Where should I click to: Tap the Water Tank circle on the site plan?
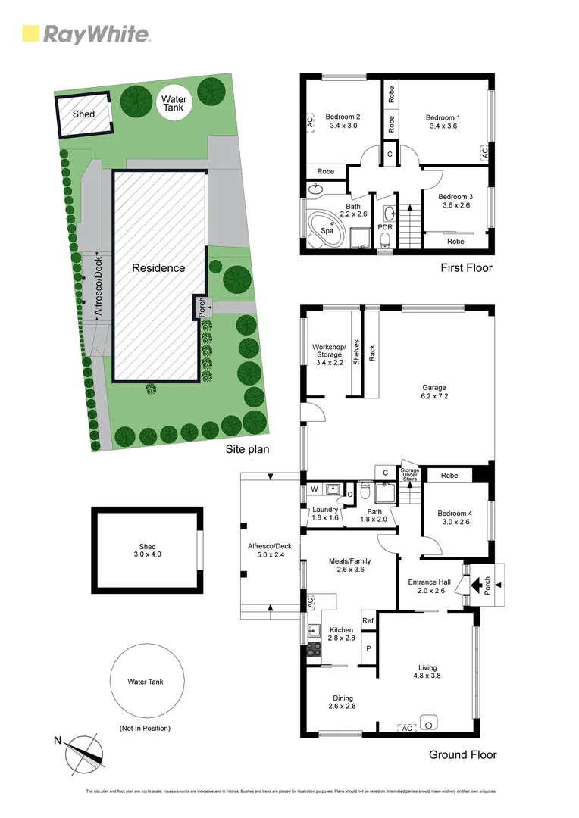pyautogui.click(x=174, y=104)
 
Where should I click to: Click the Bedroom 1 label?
pyautogui.click(x=443, y=122)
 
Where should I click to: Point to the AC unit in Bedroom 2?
pyautogui.click(x=310, y=122)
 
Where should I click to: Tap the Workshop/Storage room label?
pyautogui.click(x=330, y=354)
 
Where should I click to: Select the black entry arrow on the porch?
pyautogui.click(x=477, y=585)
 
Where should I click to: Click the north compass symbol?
pyautogui.click(x=83, y=753)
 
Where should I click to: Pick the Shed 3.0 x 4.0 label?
pyautogui.click(x=147, y=551)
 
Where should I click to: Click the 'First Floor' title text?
pyautogui.click(x=466, y=267)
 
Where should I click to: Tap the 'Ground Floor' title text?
pyautogui.click(x=462, y=754)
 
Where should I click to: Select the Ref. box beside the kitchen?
pyautogui.click(x=369, y=621)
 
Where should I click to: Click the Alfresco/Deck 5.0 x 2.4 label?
pyautogui.click(x=270, y=550)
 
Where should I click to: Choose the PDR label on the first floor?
pyautogui.click(x=385, y=226)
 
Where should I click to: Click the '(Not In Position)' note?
pyautogui.click(x=145, y=729)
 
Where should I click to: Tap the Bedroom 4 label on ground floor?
pyautogui.click(x=455, y=518)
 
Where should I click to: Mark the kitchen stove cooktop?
pyautogui.click(x=313, y=649)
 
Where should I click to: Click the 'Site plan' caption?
pyautogui.click(x=248, y=449)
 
